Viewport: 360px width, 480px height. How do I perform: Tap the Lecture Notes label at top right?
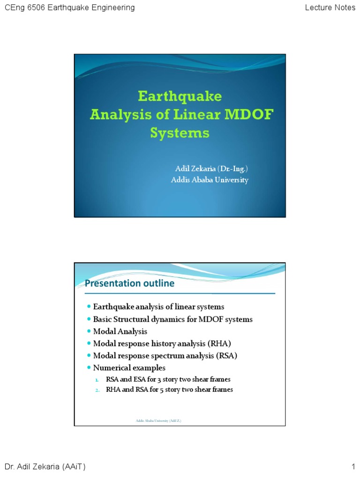coord(330,7)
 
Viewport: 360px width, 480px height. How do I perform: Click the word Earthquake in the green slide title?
coord(180,97)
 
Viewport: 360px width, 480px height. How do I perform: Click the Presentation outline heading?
coord(129,283)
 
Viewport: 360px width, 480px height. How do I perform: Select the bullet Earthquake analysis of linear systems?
coord(158,307)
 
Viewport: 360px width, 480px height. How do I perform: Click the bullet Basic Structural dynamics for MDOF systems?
coord(172,319)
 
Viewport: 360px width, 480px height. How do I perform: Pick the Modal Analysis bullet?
coord(120,331)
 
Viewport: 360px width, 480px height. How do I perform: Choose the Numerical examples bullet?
coord(129,368)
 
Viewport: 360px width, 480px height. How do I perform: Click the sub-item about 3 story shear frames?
coord(168,379)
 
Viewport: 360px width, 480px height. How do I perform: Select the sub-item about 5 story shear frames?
coord(169,390)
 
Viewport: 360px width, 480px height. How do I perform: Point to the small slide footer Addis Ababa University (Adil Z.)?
coord(158,421)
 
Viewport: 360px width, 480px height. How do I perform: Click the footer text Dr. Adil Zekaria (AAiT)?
coord(45,466)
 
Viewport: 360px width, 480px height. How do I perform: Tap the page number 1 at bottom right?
coord(353,466)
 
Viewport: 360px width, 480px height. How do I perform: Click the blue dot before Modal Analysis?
coord(89,331)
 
